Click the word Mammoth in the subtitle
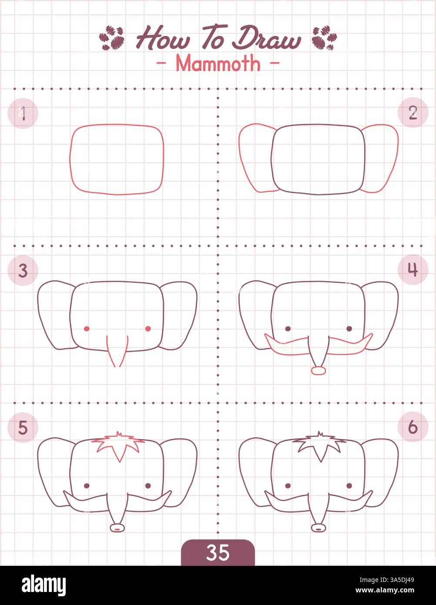pos(218,64)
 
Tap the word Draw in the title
pos(266,39)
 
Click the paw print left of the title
pos(112,38)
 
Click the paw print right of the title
pos(324,38)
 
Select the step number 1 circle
pos(23,114)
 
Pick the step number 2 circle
pos(413,113)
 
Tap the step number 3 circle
pos(23,270)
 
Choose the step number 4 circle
pos(413,270)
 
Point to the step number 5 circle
pos(23,428)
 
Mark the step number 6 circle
pos(413,427)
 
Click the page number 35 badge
pos(218,552)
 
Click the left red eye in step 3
pos(86,329)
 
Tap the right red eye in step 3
pos(148,329)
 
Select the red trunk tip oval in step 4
pos(319,370)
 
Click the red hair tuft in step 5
pos(118,445)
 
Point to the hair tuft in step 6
pos(320,445)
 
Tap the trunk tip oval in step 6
pos(319,528)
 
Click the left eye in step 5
pos(86,486)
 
